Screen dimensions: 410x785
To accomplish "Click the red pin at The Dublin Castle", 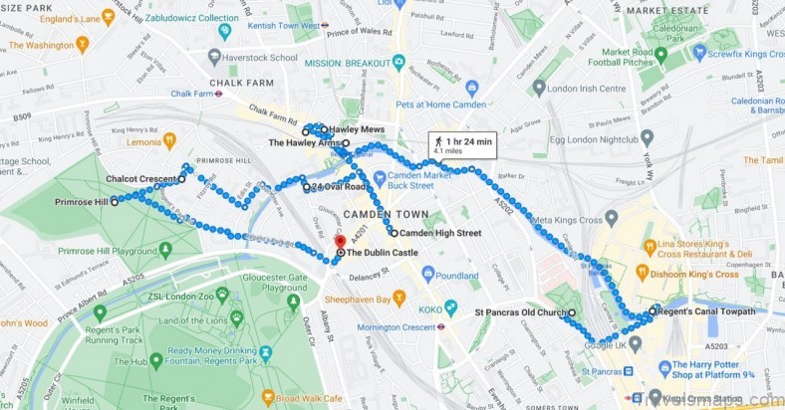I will [x=339, y=241].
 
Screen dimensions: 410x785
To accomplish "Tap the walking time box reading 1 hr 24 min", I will [x=461, y=145].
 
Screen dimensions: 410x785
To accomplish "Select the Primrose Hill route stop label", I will [x=82, y=201].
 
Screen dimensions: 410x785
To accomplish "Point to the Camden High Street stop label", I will [x=440, y=233].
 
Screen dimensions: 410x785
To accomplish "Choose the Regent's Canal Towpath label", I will [x=706, y=311].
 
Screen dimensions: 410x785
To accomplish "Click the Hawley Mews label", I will [x=358, y=129].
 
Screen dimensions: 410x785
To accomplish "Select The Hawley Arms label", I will [x=304, y=143].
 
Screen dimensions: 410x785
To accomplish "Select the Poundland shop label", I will [x=456, y=275].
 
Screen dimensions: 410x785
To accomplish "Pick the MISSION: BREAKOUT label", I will [x=346, y=63].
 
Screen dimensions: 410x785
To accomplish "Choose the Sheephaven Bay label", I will [x=364, y=296].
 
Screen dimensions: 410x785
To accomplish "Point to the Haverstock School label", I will [x=262, y=58].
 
